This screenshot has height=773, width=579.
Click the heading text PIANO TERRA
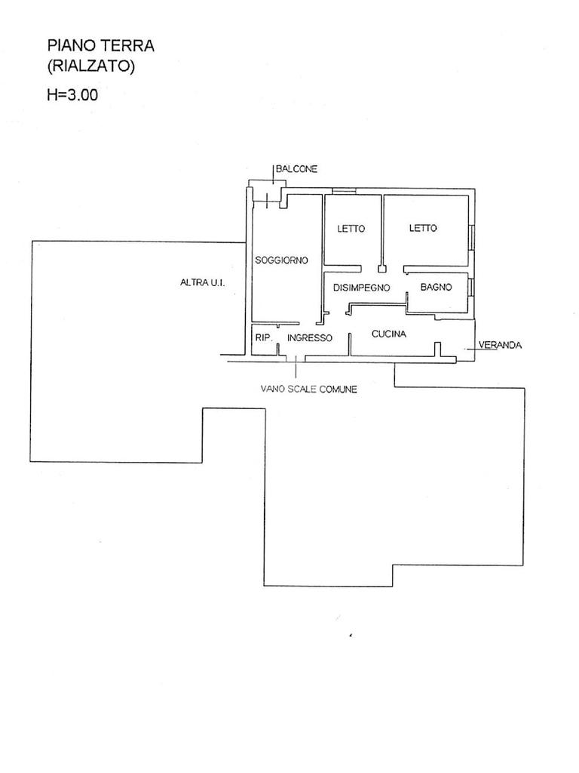[x=101, y=46]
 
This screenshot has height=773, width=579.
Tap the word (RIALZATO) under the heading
[x=90, y=66]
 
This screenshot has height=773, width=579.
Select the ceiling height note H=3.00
[x=72, y=95]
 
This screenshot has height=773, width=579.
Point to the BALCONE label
[x=296, y=170]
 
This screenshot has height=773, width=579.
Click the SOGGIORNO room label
[x=281, y=260]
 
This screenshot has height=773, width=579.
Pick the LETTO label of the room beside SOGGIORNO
[x=351, y=229]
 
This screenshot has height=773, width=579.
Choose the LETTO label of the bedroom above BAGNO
[x=423, y=228]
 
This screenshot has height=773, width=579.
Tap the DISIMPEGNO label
[x=361, y=288]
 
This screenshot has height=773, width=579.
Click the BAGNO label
[x=436, y=287]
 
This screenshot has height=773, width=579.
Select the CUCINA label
[x=389, y=334]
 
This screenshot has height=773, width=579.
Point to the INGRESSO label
[x=309, y=338]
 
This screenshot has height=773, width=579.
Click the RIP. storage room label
[x=263, y=337]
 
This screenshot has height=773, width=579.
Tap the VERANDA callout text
[x=501, y=345]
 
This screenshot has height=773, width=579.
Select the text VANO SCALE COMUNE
[x=308, y=390]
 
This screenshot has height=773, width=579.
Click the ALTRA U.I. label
[x=203, y=283]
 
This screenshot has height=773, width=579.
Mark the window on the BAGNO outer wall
[x=470, y=288]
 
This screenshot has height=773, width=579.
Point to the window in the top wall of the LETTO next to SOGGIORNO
[x=345, y=190]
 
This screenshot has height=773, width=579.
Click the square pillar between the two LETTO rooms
[x=382, y=267]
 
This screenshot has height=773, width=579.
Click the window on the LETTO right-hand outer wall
[x=471, y=236]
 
